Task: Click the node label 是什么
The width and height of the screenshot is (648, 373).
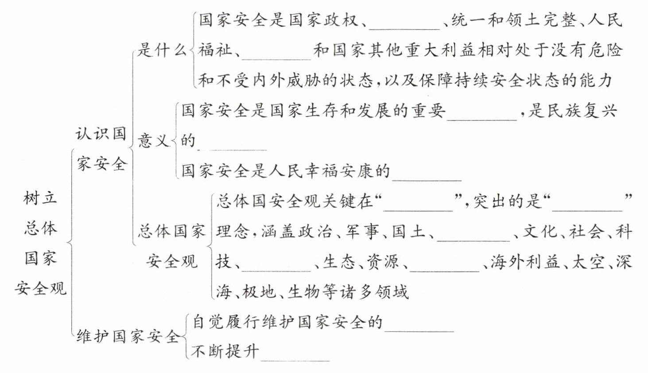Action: [x=161, y=51]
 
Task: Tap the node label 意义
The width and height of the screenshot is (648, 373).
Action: [x=154, y=140]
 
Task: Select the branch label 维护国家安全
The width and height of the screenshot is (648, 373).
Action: [x=128, y=336]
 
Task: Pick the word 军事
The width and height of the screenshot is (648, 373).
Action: [x=363, y=232]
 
